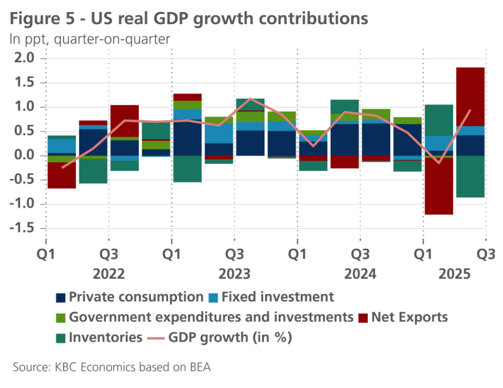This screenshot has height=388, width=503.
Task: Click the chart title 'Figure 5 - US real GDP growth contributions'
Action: pyautogui.click(x=189, y=19)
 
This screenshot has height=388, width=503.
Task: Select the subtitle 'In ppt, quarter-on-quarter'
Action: pyautogui.click(x=90, y=39)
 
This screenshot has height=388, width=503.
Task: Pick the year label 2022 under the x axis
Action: pyautogui.click(x=108, y=274)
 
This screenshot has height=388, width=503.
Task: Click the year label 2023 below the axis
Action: pyautogui.click(x=234, y=274)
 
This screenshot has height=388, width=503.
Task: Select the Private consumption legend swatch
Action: pyautogui.click(x=61, y=298)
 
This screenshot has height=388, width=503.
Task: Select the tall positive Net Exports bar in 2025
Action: pyautogui.click(x=470, y=96)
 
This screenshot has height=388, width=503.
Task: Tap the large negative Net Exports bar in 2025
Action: pyautogui.click(x=439, y=186)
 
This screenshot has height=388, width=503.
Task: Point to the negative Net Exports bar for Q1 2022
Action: pyautogui.click(x=61, y=175)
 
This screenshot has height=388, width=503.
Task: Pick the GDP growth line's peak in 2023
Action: pyautogui.click(x=250, y=98)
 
